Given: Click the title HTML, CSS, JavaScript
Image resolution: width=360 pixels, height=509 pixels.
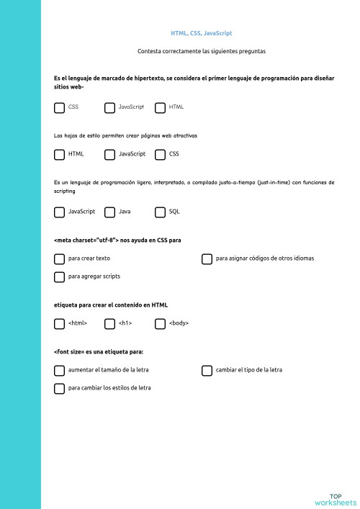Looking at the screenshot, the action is (201, 33).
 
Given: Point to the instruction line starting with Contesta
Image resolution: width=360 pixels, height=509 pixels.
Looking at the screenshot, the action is (201, 51).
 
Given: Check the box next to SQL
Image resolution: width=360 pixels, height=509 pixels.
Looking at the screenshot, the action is (160, 212).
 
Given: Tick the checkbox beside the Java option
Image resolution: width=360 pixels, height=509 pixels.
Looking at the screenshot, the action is (109, 212).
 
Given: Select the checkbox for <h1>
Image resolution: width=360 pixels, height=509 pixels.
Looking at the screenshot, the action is (109, 323).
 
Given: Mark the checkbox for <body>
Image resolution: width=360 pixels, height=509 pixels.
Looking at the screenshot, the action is (160, 323).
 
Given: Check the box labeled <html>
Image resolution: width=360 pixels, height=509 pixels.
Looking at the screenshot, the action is (59, 323).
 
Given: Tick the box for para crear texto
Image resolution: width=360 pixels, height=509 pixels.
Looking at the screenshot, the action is (59, 258).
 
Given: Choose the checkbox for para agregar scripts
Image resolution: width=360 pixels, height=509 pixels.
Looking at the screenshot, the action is (59, 276).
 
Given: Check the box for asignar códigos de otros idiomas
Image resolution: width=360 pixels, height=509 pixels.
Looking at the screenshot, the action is (207, 258).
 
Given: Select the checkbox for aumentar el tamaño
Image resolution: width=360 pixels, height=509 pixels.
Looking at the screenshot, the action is (59, 370).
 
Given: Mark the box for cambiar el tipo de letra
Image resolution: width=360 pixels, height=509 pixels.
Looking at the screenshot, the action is (207, 370).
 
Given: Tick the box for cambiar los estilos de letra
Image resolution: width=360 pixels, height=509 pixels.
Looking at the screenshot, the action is (59, 388).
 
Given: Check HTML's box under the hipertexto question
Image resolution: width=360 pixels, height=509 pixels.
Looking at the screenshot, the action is (160, 107).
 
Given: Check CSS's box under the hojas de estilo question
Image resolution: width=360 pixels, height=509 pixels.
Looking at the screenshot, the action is (160, 154).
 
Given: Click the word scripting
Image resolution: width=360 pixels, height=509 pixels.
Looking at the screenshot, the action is (65, 192).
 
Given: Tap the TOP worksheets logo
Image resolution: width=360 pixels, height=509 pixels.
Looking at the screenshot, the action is (336, 498).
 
